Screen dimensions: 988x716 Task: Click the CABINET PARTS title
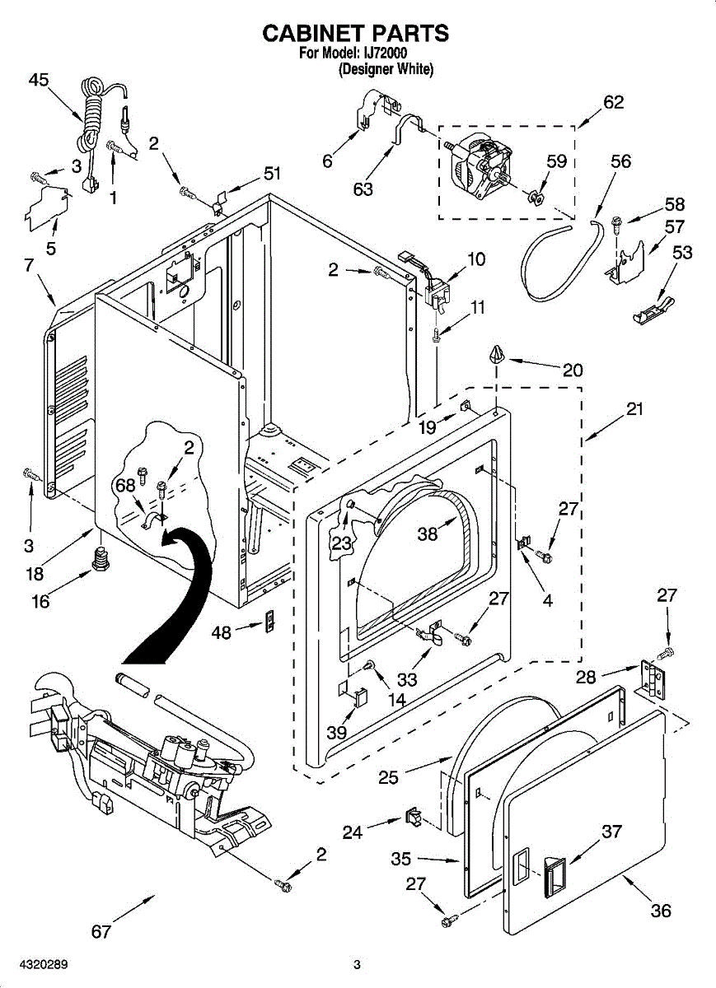point(355,33)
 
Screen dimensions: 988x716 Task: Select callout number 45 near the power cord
point(39,80)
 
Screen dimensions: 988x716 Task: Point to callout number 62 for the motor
point(613,102)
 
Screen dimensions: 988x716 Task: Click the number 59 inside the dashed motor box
point(557,161)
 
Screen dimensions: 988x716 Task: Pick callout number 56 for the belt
point(620,161)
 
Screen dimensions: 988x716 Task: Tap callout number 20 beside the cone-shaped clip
point(572,370)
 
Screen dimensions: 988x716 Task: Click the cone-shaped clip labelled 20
point(496,355)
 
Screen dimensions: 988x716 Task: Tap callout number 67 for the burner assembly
point(101,931)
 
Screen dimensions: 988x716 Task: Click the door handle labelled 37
point(553,875)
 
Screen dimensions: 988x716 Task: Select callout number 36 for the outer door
point(661,910)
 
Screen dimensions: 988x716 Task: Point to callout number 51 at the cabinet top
point(272,173)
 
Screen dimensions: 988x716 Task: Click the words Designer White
point(386,70)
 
